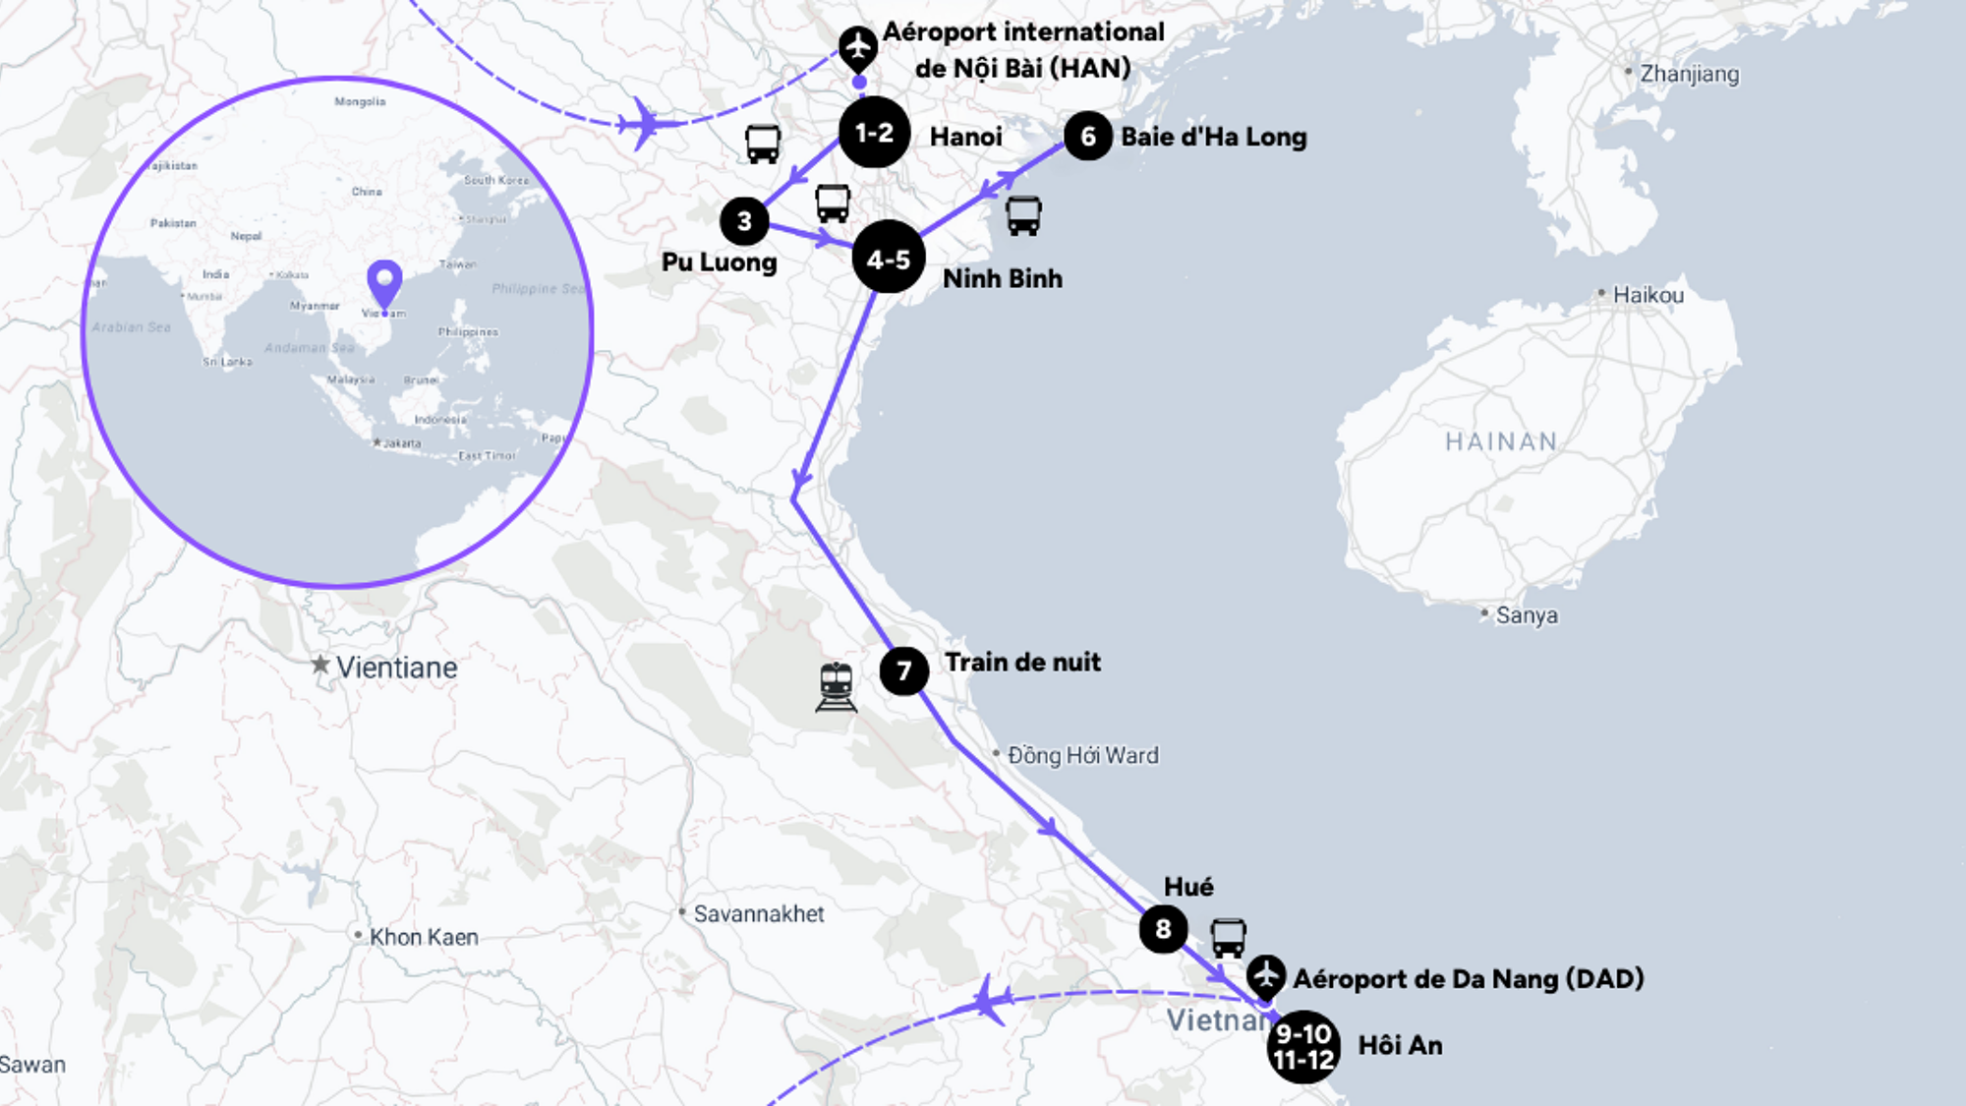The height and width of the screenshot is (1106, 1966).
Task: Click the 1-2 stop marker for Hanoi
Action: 874,133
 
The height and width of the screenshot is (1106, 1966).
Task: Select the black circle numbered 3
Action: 744,221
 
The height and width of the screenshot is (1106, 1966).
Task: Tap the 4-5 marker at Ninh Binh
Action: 889,259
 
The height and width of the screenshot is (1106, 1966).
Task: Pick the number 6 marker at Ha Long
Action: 1088,137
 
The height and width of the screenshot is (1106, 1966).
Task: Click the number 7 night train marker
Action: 904,671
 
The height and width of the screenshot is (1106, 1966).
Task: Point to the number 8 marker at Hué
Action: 1163,929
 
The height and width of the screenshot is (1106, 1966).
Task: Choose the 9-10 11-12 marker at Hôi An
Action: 1303,1047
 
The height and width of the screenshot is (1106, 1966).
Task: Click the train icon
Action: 836,686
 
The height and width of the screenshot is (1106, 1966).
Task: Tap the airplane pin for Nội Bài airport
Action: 858,46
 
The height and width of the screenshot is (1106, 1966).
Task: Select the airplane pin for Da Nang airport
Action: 1266,976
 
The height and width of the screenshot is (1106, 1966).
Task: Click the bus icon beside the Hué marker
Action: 1228,938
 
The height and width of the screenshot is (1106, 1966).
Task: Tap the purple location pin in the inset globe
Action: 384,282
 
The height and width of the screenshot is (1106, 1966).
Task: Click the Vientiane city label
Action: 396,668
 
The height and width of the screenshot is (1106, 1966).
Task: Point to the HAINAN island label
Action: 1501,441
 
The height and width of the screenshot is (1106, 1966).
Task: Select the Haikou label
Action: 1648,295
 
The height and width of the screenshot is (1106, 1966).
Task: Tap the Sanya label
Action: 1526,615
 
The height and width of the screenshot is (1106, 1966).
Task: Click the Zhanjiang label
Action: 1689,74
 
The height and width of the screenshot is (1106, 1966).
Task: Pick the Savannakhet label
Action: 758,914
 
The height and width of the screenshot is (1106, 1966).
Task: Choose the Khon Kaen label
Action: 423,937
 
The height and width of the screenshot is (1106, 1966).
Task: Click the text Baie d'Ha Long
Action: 1214,137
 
